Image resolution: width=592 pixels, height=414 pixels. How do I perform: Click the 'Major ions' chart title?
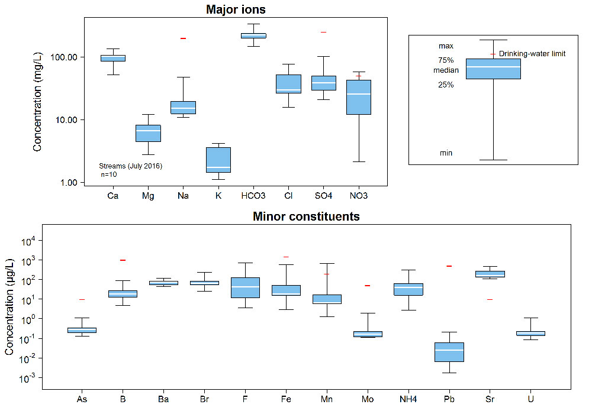point(236,9)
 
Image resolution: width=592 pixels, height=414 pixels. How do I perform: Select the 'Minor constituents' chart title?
point(306,216)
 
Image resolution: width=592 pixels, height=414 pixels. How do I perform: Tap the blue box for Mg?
point(148,133)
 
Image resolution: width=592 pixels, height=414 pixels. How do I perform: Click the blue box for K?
point(218,160)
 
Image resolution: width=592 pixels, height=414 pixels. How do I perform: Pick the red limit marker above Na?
point(184,38)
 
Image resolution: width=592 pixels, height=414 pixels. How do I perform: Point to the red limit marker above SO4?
point(324,32)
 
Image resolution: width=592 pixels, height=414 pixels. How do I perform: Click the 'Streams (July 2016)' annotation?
point(130,166)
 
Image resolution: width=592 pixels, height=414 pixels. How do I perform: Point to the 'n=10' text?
point(109,174)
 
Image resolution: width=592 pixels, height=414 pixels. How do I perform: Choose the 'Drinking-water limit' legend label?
point(532,54)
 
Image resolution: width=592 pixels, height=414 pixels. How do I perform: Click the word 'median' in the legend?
point(446,70)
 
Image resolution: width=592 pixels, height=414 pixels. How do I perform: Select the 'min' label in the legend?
point(446,153)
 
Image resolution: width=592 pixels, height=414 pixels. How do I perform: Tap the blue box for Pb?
point(449,352)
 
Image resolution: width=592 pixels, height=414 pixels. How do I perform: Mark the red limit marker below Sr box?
point(490,299)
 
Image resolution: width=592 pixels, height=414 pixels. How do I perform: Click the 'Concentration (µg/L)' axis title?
point(9,308)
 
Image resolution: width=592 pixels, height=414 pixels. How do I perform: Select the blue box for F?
point(245,287)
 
